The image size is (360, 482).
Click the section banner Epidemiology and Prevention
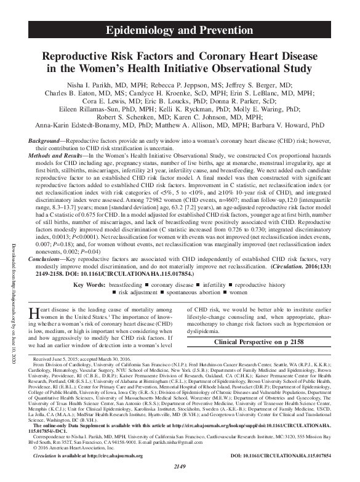180,30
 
